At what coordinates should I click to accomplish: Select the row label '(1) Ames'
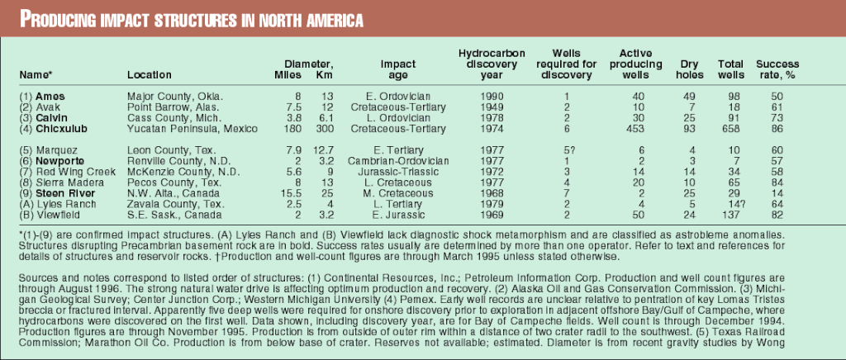[x=43, y=97]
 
